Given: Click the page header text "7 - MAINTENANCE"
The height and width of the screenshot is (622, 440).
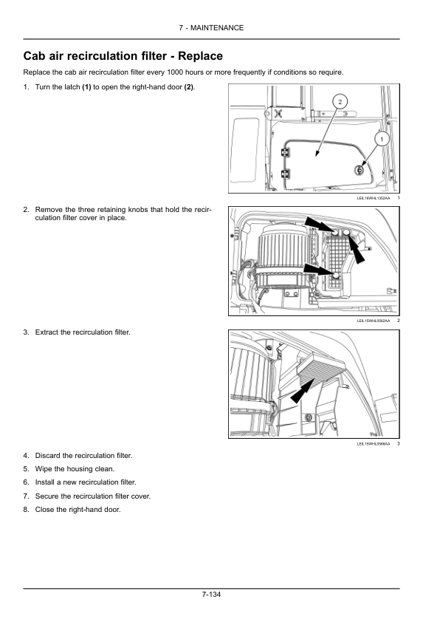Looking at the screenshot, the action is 211,28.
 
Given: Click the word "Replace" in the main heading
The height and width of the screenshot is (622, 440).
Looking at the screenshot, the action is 200,56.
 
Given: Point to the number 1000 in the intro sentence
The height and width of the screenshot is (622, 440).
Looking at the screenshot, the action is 175,72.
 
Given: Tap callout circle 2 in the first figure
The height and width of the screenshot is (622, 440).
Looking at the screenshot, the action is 340,102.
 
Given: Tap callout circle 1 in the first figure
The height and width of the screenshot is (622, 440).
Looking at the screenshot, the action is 382,139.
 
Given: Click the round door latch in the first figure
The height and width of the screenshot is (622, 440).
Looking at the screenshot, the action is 359,170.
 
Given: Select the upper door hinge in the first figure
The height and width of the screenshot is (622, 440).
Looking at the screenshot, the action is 285,153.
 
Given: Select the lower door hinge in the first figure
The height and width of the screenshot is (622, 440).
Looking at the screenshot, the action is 285,174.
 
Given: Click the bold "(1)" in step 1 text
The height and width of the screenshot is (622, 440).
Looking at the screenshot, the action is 86,87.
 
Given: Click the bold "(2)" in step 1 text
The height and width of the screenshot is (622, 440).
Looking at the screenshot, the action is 189,87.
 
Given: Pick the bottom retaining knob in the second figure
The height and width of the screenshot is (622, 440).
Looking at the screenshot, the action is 336,276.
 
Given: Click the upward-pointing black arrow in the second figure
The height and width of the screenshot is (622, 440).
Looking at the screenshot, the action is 357,248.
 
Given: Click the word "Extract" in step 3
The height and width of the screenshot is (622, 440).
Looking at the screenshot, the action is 47,332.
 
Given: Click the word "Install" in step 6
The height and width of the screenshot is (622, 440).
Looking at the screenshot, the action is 44,482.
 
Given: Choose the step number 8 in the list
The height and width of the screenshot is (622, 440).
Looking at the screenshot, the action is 26,509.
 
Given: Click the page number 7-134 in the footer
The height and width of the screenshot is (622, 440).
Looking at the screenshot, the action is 211,594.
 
